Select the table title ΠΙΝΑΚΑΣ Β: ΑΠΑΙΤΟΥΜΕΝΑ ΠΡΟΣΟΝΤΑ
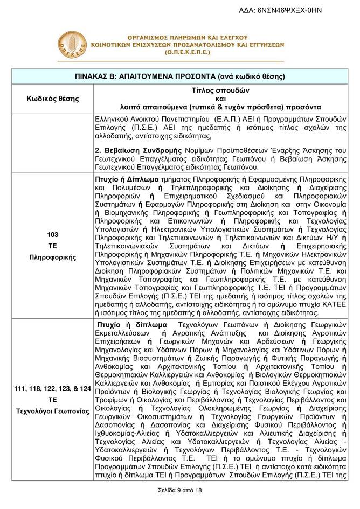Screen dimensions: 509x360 click(x=179, y=75)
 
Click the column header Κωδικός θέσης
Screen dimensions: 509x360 click(x=53, y=99)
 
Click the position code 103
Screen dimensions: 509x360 click(x=53, y=235)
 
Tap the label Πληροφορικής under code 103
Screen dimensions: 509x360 click(x=53, y=257)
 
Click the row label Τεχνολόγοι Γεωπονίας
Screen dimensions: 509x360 click(x=53, y=411)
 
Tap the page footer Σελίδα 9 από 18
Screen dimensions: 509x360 click(x=179, y=490)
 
